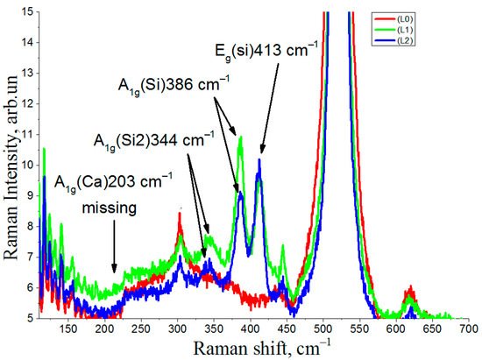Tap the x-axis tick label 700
468,328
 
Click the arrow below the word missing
114,260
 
